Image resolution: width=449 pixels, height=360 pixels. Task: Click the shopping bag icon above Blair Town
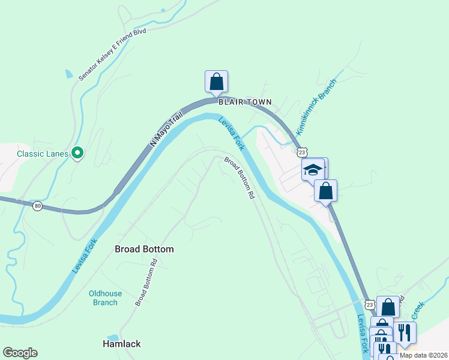tap(216, 82)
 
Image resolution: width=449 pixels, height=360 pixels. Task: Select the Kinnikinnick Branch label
tap(316, 106)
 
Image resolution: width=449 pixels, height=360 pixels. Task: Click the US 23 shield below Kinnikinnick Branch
tap(302, 153)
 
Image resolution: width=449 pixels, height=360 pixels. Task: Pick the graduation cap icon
tap(313, 169)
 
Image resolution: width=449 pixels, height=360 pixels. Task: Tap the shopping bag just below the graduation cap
tap(325, 191)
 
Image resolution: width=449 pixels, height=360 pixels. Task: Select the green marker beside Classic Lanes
tap(77, 154)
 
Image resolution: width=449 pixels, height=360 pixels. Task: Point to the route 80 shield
tap(38, 205)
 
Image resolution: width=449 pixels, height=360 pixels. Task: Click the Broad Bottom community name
tap(144, 249)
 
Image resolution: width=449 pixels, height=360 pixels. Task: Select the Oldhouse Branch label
tap(104, 298)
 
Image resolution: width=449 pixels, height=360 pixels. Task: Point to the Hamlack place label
tap(122, 344)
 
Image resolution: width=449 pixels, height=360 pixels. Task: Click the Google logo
tap(20, 353)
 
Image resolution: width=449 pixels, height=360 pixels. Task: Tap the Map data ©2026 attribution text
tap(423, 355)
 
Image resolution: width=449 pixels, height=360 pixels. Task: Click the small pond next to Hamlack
tap(112, 338)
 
